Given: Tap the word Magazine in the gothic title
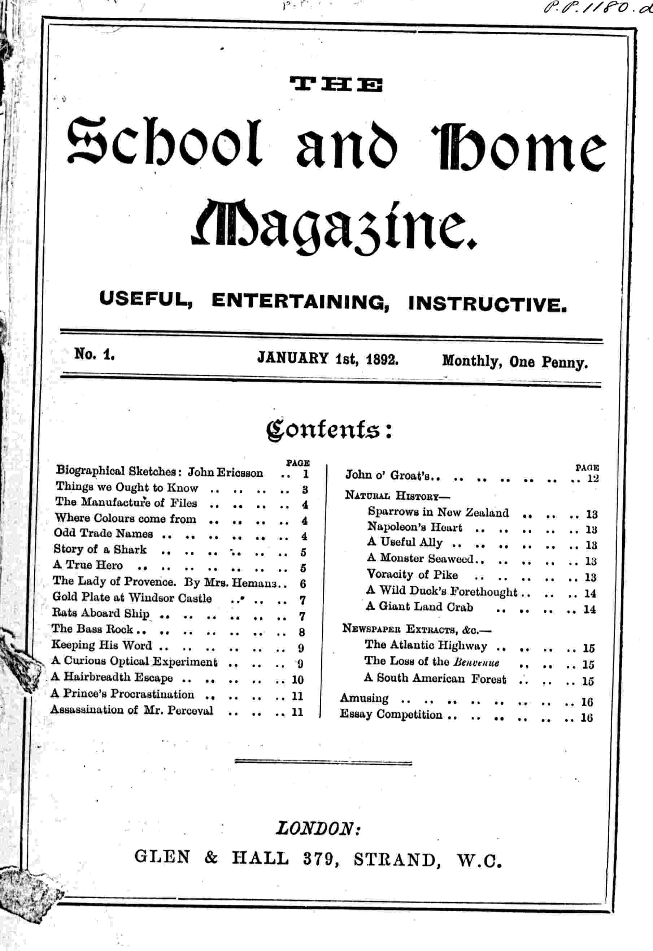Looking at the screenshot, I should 334,225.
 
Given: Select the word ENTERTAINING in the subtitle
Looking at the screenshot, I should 300,301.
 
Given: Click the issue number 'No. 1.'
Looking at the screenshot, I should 94,354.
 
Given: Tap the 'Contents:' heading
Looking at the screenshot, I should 329,430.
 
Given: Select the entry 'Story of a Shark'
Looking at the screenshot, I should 100,549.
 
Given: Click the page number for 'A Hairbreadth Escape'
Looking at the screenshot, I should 297,680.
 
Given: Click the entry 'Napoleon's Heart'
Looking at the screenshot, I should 414,527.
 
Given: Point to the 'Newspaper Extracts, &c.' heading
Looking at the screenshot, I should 417,629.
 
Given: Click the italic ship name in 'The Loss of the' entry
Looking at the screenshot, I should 476,662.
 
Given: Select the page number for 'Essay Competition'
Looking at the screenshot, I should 587,718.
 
